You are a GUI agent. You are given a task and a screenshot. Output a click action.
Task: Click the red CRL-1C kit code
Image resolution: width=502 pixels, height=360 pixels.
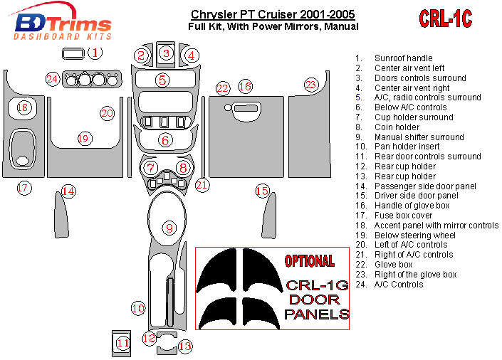445,19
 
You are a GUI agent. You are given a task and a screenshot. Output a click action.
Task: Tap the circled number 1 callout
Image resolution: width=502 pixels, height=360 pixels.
96,52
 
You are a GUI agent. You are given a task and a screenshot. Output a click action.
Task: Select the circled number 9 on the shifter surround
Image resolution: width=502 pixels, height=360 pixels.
169,228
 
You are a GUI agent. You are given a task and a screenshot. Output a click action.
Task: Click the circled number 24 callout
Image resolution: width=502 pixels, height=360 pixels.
52,79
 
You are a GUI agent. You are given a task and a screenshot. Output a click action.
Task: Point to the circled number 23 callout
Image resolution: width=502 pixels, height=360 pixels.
310,85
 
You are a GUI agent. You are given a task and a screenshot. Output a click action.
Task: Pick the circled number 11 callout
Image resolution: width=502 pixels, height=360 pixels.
123,343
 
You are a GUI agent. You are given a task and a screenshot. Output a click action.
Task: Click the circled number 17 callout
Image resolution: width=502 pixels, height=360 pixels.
23,188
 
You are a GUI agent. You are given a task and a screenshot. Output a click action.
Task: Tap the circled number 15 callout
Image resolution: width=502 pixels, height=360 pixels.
262,190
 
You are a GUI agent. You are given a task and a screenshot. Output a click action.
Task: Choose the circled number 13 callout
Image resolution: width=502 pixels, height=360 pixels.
185,346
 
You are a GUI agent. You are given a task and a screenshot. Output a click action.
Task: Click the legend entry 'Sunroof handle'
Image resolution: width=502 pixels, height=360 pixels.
403,58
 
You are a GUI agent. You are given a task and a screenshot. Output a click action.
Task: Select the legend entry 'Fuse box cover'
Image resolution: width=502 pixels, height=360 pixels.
403,216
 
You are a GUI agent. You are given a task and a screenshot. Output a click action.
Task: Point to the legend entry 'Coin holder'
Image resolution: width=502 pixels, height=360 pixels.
397,127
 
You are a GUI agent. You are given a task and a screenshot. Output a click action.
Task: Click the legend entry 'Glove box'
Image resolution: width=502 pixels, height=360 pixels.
394,265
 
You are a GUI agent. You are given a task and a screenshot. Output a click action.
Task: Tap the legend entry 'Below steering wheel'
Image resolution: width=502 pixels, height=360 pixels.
415,235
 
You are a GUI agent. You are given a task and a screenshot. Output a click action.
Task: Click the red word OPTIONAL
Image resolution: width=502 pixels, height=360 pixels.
309,260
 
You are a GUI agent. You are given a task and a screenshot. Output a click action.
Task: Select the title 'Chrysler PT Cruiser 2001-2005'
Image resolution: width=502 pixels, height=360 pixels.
273,14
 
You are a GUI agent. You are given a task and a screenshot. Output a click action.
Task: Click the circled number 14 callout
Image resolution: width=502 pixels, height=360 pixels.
68,191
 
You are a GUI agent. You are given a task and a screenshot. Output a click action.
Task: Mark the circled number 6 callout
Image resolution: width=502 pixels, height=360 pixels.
165,140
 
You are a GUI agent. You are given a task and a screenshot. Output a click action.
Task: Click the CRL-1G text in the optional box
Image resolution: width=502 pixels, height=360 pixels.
316,286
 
